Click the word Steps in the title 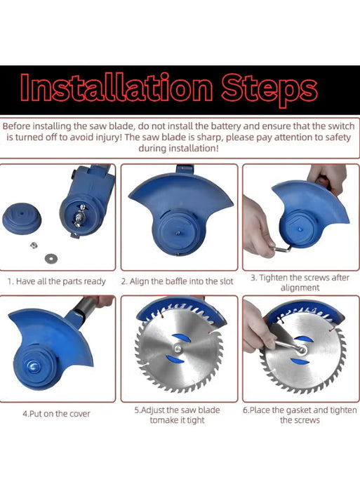click(x=269, y=90)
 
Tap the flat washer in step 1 click(x=51, y=258)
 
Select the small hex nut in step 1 click(x=33, y=245)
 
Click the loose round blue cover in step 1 click(x=22, y=218)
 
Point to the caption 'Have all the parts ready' click(x=60, y=281)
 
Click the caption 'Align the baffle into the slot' click(x=182, y=281)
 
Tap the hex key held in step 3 click(x=281, y=248)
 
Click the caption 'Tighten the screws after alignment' click(x=300, y=283)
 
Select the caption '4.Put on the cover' click(x=56, y=414)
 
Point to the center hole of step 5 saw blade click(x=178, y=348)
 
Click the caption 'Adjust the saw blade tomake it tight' click(x=178, y=415)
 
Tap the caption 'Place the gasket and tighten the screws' click(x=300, y=415)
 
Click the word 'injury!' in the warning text click(x=108, y=137)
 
